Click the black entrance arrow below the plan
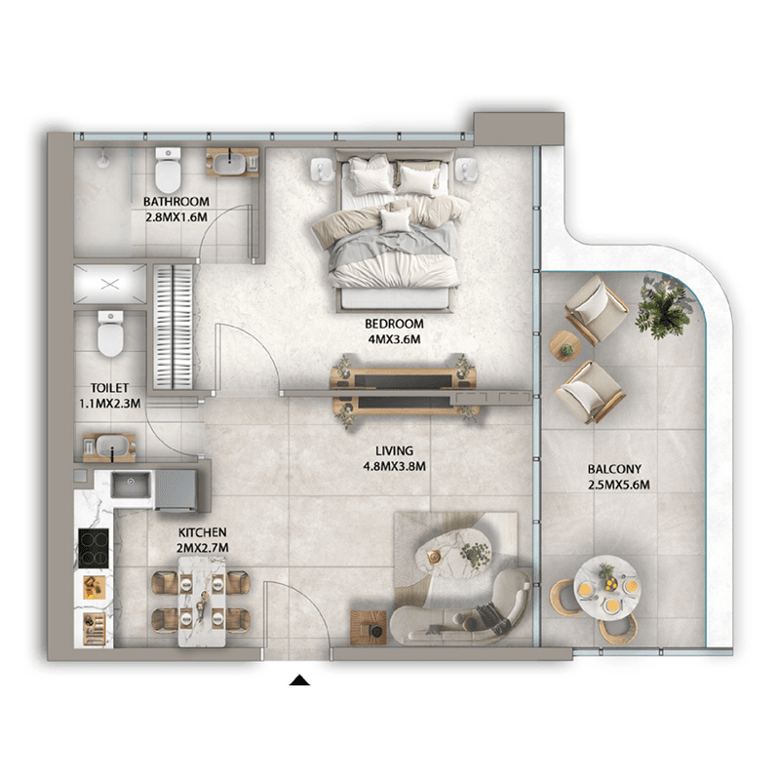click(299, 680)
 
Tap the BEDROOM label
click(394, 324)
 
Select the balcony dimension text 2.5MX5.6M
click(619, 485)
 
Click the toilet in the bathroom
click(168, 170)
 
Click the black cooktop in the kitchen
click(94, 547)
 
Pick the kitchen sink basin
click(131, 484)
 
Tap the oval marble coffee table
click(453, 555)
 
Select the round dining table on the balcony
click(606, 588)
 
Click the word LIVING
click(394, 451)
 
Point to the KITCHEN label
click(203, 532)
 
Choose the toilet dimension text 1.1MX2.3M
click(110, 404)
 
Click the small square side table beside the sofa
click(369, 628)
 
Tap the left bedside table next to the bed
click(323, 169)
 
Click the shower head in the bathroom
click(102, 158)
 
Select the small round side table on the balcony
click(565, 345)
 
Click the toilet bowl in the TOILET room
click(110, 333)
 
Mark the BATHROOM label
click(176, 202)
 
